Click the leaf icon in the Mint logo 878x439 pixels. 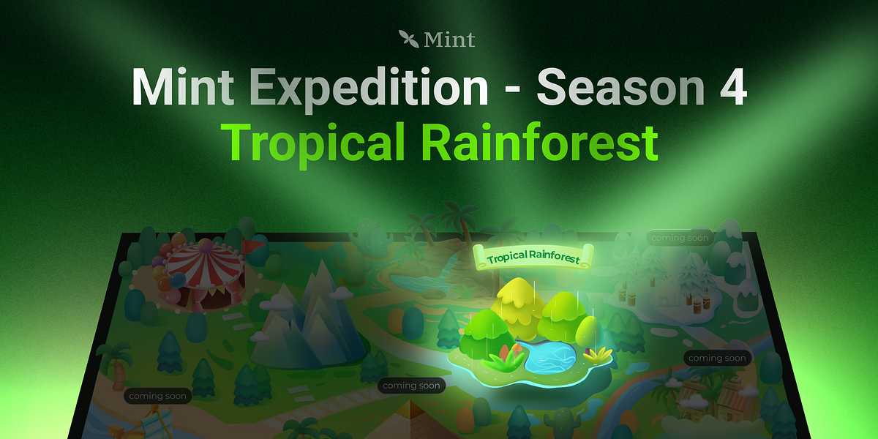click(409, 38)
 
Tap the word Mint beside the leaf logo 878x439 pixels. click(449, 39)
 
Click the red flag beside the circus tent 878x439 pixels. click(250, 248)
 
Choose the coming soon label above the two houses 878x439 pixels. click(717, 359)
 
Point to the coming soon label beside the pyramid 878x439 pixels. click(411, 386)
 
